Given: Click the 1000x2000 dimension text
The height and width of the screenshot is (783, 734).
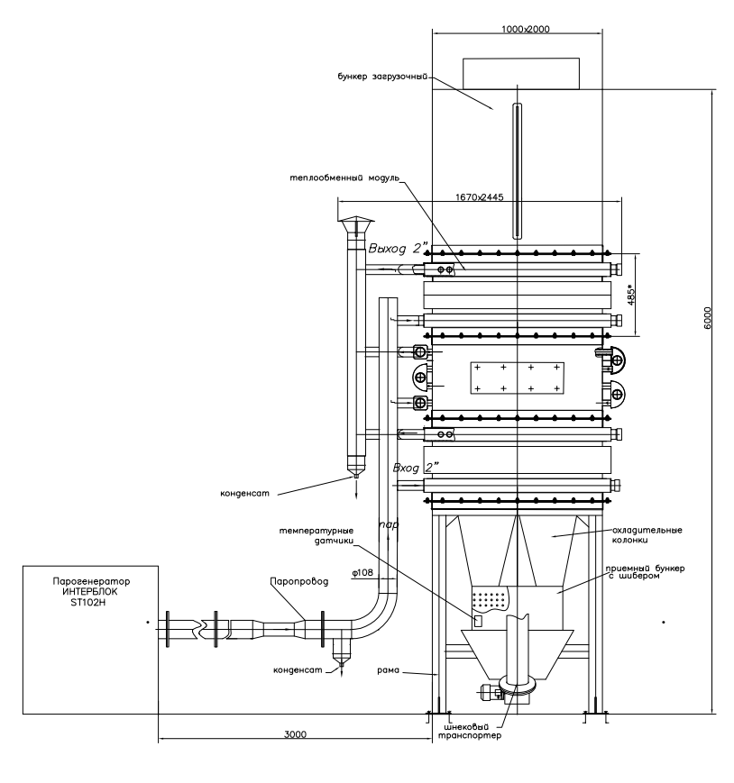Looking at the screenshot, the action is [525, 29].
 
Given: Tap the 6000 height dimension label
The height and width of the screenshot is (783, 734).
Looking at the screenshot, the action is [707, 317].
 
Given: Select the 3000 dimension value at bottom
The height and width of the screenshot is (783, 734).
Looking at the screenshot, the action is [295, 734].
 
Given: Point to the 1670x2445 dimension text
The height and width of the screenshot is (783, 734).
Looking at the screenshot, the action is [479, 196].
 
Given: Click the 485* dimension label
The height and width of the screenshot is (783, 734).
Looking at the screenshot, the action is [631, 295].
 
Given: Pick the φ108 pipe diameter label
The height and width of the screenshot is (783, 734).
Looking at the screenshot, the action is [362, 573].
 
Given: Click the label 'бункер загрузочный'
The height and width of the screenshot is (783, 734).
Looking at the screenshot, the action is [382, 77].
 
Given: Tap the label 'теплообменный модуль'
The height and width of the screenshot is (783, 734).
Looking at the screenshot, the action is [344, 178].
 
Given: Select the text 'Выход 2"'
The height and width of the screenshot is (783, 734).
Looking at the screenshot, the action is [399, 248].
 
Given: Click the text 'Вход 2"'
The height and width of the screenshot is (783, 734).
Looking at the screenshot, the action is [416, 468].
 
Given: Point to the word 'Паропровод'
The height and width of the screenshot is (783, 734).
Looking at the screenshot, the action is [299, 582].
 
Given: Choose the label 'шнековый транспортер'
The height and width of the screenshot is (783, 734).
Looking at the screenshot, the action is [469, 731].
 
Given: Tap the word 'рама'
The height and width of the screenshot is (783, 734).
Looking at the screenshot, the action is [389, 670].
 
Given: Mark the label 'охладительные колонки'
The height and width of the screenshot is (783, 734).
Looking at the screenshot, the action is [647, 535].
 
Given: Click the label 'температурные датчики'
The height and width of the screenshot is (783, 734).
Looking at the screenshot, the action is [317, 535].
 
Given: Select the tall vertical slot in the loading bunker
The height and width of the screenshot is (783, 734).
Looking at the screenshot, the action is [518, 170].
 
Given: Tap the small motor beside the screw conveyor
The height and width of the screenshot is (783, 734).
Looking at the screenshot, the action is [491, 693].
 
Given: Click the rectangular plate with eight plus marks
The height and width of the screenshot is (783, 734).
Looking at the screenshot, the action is [518, 378].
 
